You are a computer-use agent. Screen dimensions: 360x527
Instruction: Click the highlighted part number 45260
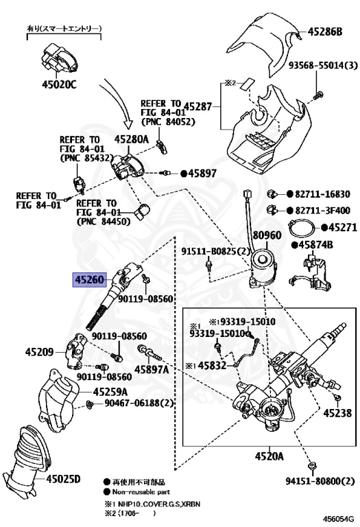pos(89,279)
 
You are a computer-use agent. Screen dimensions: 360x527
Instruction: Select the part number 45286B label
pos(325,32)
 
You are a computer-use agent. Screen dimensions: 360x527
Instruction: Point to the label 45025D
pos(63,478)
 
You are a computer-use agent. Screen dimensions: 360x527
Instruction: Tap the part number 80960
pos(267,235)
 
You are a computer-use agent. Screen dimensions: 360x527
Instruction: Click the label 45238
pos(337,412)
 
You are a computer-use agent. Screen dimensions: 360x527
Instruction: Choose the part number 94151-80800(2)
pos(320,481)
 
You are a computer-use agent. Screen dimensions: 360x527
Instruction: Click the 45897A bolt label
pos(152,369)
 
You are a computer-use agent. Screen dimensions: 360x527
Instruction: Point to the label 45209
pos(39,352)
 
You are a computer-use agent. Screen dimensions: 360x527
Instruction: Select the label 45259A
pos(110,392)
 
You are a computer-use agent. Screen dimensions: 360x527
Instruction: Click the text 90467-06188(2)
pos(139,402)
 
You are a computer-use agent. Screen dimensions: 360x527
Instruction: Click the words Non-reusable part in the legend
pos(141,492)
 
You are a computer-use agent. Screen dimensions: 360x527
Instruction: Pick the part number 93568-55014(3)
pos(323,65)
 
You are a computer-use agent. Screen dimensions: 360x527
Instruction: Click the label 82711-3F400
pos(322,211)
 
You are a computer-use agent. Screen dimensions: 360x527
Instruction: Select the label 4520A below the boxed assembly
pos(269,456)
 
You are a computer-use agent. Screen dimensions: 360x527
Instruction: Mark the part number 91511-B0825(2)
pos(216,251)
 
